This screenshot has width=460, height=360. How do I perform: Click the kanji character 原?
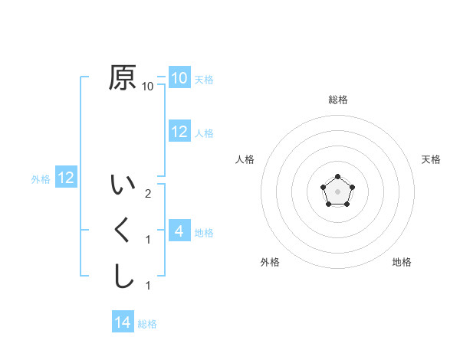point(123,77)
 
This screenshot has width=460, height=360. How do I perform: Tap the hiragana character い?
point(123,186)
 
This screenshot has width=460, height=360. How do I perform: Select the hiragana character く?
point(123,231)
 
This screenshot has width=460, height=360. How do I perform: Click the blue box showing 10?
point(179,77)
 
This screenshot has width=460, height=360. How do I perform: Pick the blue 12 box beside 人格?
point(179,131)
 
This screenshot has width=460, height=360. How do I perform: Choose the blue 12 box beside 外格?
point(66,178)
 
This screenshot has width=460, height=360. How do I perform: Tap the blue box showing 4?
point(179,231)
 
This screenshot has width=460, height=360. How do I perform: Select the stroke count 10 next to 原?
point(148,87)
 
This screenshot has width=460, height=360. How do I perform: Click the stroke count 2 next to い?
point(148,194)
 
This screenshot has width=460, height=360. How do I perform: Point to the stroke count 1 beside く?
point(148,240)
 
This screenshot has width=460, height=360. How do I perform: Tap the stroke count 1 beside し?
point(148,286)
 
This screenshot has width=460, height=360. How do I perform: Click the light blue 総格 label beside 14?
point(147,324)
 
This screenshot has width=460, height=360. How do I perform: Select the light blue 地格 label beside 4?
point(204,233)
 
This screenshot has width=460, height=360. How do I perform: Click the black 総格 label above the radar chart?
point(338,100)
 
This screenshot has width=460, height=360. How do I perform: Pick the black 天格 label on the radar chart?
point(432,159)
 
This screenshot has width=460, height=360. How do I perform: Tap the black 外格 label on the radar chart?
point(270,262)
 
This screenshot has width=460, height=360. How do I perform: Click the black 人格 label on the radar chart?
point(245,159)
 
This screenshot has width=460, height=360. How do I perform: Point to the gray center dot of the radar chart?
point(337,191)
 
